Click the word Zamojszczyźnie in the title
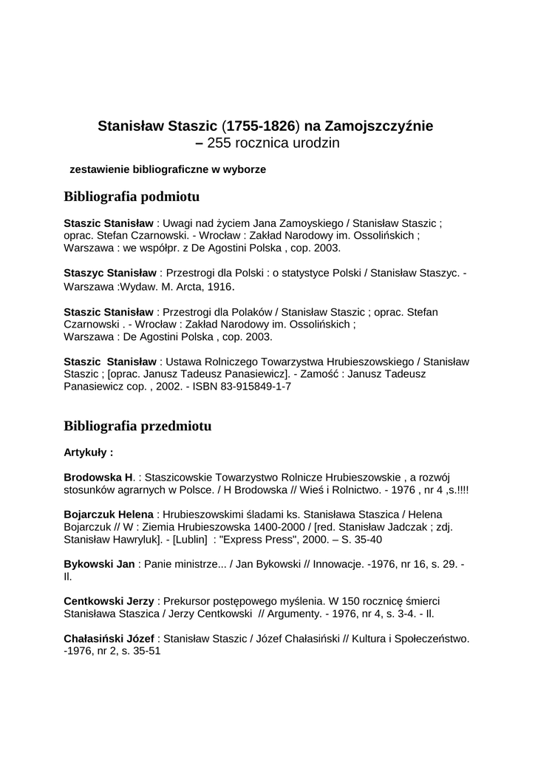[379, 126]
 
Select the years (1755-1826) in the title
[254, 126]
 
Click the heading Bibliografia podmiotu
[132, 197]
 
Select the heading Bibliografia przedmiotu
[137, 427]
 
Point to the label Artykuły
[88, 452]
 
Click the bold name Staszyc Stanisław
[109, 274]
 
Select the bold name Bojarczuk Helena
[109, 514]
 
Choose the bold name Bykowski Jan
[99, 564]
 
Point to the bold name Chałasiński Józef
[109, 638]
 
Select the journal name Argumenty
[292, 614]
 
